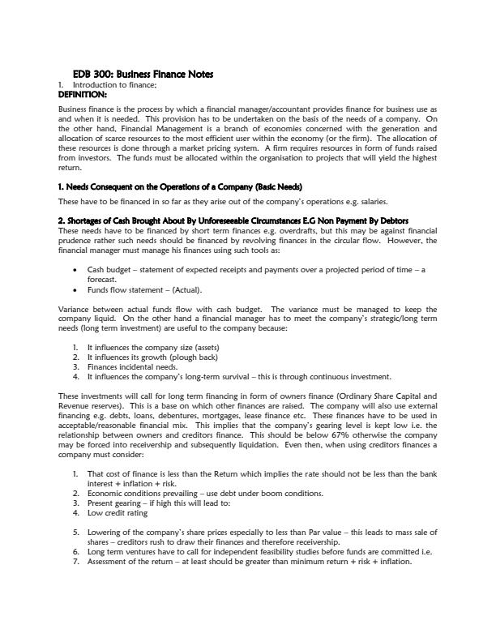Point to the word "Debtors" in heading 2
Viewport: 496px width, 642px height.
(387, 220)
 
